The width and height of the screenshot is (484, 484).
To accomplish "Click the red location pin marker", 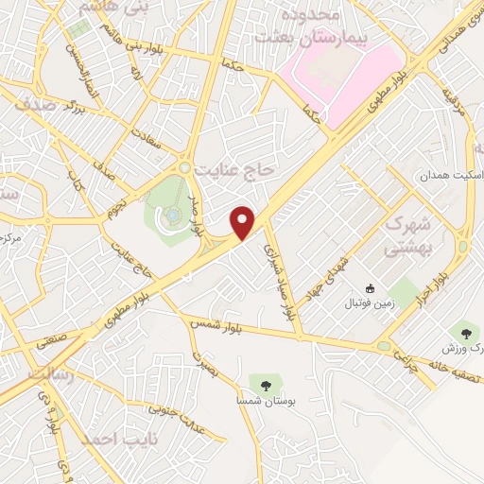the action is point(244,221).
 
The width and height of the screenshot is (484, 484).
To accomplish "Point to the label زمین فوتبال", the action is point(370,303).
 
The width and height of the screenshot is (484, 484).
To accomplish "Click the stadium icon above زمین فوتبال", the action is point(370,287).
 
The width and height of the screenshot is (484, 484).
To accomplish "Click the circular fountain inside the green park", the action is point(173,216).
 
